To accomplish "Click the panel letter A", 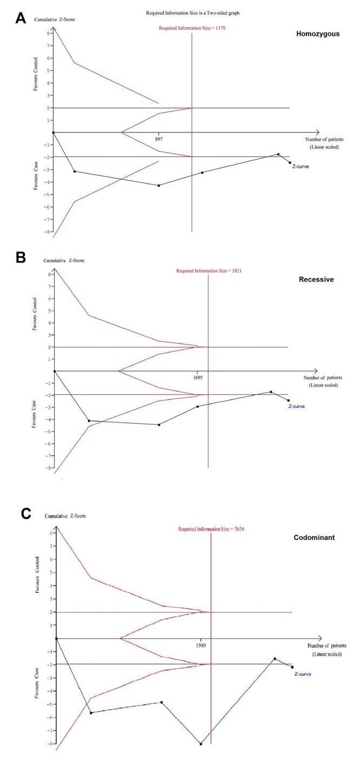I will (x=21, y=18).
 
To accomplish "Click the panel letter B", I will (x=21, y=257).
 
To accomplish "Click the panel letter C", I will (x=25, y=513).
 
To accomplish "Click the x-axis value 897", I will (x=158, y=140).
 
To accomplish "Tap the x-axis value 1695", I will (x=198, y=379).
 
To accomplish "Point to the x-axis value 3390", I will (x=201, y=646).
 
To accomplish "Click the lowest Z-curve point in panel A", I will (x=158, y=186).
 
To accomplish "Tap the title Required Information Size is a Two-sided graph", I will (x=189, y=12).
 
